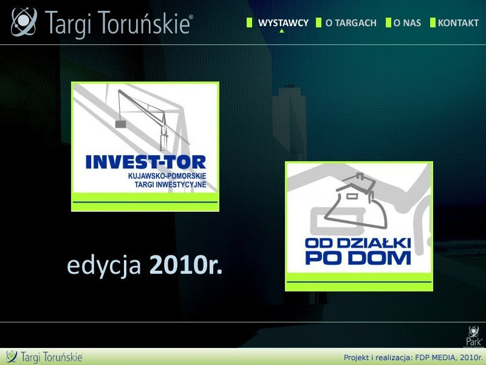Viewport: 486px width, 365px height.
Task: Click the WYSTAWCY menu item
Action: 283,23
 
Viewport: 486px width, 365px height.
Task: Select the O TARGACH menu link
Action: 351,23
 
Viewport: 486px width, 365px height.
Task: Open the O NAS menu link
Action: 407,23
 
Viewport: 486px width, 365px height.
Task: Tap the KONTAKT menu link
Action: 458,23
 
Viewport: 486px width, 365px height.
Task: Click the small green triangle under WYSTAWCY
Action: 281,31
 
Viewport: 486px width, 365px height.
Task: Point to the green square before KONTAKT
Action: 433,23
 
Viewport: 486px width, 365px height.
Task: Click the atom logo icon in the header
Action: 24,22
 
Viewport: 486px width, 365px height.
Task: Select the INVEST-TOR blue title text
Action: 146,162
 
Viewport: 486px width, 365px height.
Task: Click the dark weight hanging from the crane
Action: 120,124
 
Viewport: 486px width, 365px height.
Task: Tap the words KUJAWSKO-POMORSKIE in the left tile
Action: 167,176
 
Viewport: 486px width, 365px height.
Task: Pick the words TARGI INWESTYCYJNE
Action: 170,184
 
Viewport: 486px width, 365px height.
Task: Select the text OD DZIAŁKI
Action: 358,243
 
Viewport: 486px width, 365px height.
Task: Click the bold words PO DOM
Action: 358,258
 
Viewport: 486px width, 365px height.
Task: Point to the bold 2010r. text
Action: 186,265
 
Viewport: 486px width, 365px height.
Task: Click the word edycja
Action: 104,266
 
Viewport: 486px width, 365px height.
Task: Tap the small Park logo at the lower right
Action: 474,336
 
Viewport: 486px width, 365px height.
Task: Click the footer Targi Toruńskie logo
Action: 44,357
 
